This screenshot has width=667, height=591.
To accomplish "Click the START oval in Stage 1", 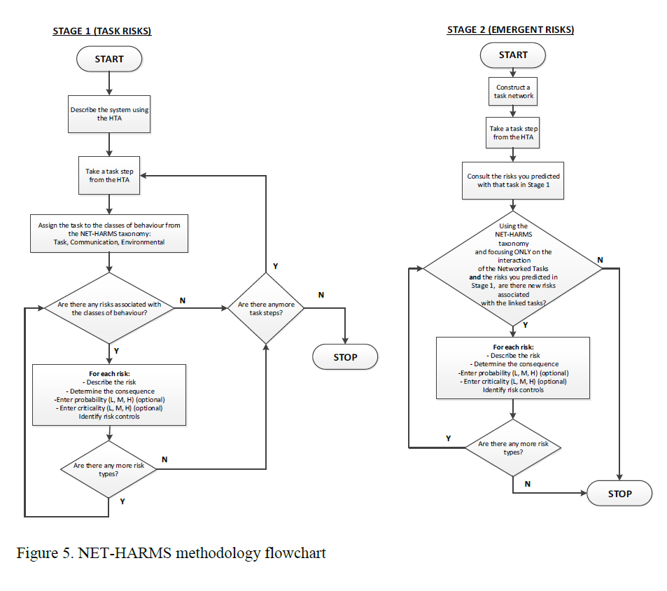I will (109, 60).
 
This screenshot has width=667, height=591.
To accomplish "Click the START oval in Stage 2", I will (513, 55).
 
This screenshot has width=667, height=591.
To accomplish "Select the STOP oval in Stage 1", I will (345, 358).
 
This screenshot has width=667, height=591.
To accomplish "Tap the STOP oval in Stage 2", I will (619, 494).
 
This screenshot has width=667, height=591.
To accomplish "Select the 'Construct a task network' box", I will (513, 91).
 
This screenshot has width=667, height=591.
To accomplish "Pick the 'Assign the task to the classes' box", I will (109, 234).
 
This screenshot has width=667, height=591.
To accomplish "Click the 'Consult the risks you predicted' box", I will (513, 181).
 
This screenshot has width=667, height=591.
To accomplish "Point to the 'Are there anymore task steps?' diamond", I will (266, 309).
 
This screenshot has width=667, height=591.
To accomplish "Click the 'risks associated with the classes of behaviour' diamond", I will (109, 309).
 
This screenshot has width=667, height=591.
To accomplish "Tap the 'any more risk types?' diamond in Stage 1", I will (109, 469).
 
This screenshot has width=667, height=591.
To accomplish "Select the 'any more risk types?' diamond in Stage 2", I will (513, 448).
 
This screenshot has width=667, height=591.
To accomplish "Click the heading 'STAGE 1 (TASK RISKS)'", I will (102, 31).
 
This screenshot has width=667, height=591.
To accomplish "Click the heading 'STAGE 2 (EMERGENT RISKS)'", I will (510, 29).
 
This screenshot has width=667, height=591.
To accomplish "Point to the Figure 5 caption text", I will (171, 553).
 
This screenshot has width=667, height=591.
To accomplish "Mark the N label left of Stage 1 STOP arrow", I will (321, 295).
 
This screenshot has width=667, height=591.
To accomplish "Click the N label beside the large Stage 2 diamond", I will (600, 260).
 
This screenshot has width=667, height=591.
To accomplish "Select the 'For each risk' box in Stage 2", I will (513, 369).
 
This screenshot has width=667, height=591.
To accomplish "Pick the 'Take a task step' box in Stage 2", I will (513, 133).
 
